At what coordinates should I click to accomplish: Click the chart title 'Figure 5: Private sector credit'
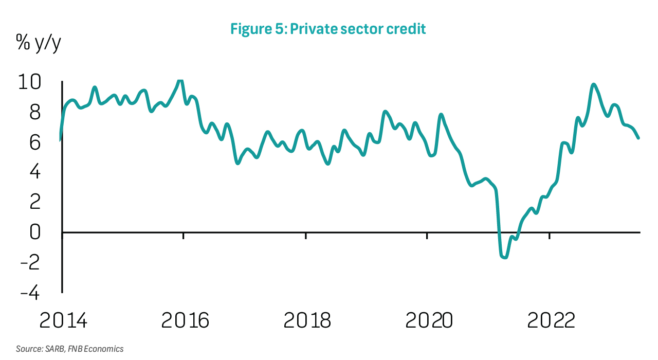coord(328,29)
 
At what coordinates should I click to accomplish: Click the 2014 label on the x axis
coord(64,321)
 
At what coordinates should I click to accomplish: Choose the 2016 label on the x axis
coord(185,321)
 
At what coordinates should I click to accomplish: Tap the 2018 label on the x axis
coord(307,321)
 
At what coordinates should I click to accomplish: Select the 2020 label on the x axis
coord(429,321)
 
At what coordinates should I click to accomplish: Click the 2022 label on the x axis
coord(551,321)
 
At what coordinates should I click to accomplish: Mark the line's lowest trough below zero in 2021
coord(504,257)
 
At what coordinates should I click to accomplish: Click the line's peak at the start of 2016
coord(180,80)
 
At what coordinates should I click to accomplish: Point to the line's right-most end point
coord(638,138)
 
